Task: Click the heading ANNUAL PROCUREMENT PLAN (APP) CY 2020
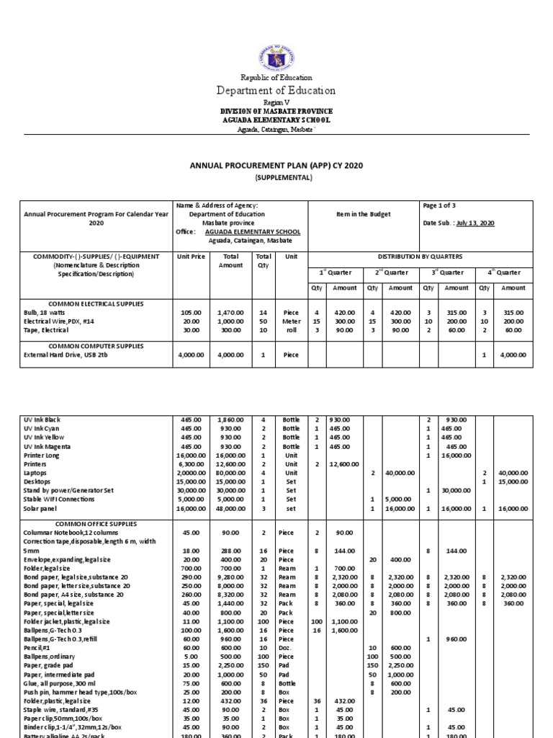pos(276,166)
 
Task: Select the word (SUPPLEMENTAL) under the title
pos(276,177)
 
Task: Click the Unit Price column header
pos(191,257)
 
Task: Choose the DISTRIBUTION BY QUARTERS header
pos(421,257)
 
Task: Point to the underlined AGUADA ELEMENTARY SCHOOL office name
pos(253,232)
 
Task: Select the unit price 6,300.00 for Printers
pos(191,464)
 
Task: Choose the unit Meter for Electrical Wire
pos(291,321)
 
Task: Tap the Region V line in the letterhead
pos(276,104)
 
